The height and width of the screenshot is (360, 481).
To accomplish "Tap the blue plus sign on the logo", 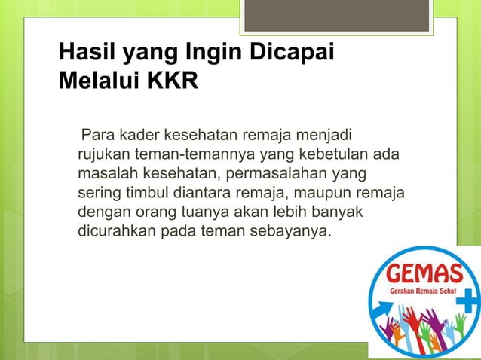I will pyautogui.click(x=467, y=303).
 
